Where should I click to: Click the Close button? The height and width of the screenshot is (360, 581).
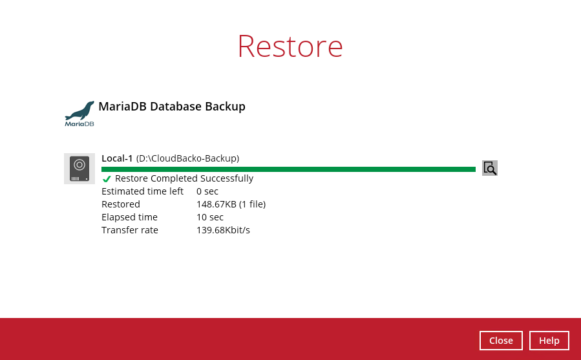(x=501, y=341)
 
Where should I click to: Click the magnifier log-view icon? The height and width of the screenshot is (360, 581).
(x=489, y=168)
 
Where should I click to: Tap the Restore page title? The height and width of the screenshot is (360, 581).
(x=290, y=47)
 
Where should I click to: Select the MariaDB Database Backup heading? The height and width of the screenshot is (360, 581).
(x=172, y=107)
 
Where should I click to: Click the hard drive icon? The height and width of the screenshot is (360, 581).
(x=79, y=168)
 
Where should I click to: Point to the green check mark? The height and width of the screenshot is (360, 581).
(x=107, y=179)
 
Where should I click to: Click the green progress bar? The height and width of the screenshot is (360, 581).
(x=288, y=169)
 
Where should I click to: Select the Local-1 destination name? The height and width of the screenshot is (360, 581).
(x=117, y=158)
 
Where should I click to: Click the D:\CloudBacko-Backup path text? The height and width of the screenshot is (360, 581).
(x=188, y=158)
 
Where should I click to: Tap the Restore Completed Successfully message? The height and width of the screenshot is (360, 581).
(x=184, y=178)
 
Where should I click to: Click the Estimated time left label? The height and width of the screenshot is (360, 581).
(x=142, y=191)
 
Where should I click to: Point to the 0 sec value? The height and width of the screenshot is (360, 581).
(x=207, y=191)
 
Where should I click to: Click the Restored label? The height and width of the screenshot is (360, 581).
(x=121, y=204)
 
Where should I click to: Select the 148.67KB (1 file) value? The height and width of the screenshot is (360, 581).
(x=231, y=204)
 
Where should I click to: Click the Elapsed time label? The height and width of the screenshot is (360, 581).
(x=129, y=217)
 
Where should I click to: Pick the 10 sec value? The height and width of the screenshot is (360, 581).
(x=210, y=217)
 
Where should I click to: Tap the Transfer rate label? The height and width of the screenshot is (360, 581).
(x=130, y=230)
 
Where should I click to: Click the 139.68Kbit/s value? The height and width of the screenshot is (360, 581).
(x=223, y=230)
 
